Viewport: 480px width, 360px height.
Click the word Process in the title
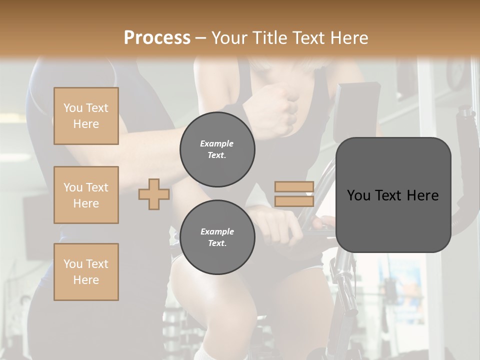pos(157,38)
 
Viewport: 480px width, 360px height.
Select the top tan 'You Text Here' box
pos(86,116)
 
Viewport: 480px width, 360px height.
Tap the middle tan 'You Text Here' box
pos(86,195)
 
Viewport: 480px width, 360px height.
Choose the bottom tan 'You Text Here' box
pos(86,272)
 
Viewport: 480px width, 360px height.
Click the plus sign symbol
pos(154,194)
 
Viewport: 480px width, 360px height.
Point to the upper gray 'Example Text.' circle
pos(217,149)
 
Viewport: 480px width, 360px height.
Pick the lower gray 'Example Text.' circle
pos(217,237)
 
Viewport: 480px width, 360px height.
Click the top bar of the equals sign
pos(294,187)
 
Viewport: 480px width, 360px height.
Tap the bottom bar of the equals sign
pos(294,201)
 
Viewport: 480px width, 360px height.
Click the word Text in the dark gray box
pos(393,195)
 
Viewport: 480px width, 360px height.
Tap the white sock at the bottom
pos(205,354)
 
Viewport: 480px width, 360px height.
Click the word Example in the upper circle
pos(217,143)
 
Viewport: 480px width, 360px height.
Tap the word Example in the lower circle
pos(217,231)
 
